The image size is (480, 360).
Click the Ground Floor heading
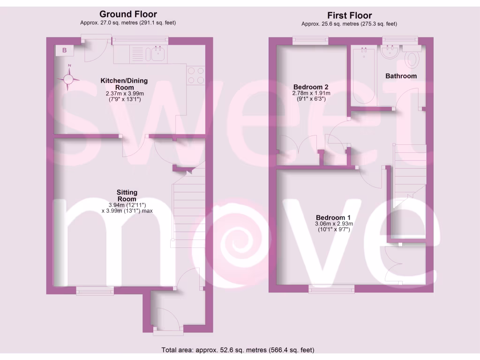point(128,15)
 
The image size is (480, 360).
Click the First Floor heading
point(349,15)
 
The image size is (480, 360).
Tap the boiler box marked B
point(65,50)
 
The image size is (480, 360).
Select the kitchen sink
point(157,53)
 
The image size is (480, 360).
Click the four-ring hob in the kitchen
point(196,75)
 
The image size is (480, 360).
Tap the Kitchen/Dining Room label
point(124,84)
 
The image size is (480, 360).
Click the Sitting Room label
point(127,195)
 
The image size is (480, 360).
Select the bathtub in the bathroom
point(363,76)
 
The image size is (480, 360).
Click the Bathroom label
point(401,76)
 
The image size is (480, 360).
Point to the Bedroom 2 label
point(310,87)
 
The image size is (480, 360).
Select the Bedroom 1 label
point(333,217)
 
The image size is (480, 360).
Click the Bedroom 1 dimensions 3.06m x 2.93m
point(333,224)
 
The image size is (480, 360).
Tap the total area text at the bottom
point(238,350)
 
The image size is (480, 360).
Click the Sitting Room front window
point(95,291)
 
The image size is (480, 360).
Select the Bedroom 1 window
point(331,289)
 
